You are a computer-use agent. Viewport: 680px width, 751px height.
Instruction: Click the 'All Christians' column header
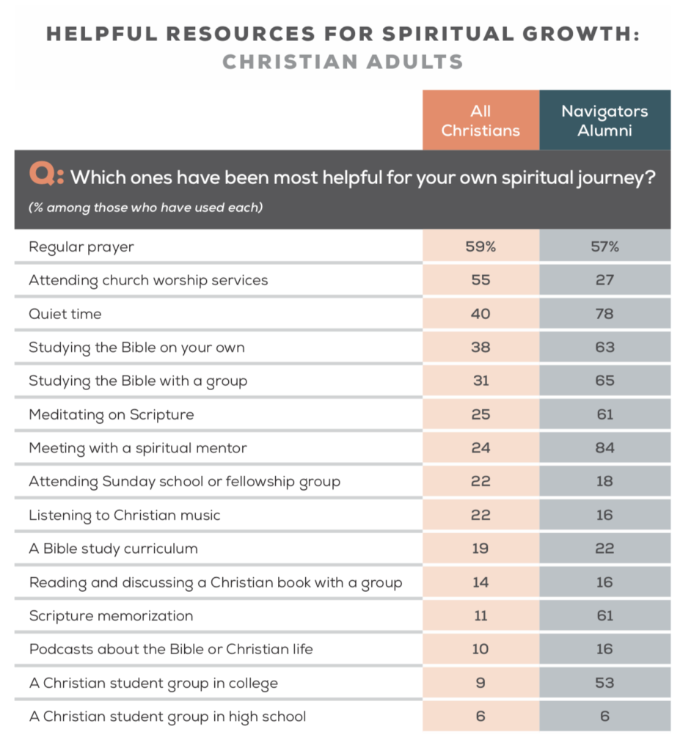(480, 121)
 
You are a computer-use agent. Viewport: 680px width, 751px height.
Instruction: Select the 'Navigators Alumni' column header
(604, 121)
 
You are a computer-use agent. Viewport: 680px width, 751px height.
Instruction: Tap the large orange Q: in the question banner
(46, 176)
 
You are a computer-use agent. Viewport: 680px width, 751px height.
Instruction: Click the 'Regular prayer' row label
(81, 247)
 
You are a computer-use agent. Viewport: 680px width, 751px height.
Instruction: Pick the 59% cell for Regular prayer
(480, 247)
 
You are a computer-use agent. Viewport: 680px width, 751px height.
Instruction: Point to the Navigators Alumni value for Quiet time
(604, 314)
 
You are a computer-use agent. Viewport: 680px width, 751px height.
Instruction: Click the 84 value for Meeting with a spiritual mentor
(604, 448)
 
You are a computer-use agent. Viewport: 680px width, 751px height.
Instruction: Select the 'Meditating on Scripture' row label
(111, 414)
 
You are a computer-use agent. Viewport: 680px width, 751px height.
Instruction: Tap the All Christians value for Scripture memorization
(480, 615)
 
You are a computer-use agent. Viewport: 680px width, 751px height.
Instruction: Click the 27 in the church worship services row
(604, 280)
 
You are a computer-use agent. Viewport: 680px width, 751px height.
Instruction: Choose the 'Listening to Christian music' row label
(125, 515)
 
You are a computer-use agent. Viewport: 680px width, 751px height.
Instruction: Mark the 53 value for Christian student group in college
(604, 683)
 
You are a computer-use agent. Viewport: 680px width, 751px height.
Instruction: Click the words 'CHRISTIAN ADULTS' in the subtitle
(343, 62)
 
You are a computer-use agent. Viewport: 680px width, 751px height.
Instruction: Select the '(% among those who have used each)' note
(145, 208)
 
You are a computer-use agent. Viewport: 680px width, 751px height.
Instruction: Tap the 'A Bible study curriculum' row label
(114, 549)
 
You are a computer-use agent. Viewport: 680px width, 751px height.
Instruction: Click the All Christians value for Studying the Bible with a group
(480, 381)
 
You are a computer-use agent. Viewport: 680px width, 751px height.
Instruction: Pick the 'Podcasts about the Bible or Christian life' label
(171, 649)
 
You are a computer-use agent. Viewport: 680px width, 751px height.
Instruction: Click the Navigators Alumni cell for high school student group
(604, 716)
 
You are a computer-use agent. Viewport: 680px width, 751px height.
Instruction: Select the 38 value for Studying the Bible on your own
(480, 348)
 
